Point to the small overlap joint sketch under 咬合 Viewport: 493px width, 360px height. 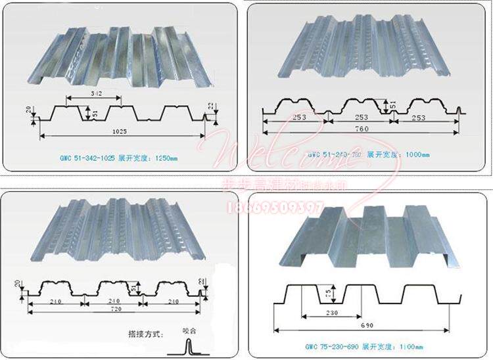187,346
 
